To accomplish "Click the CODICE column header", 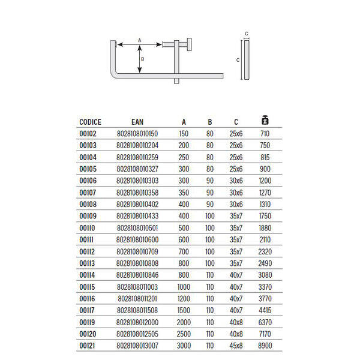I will pyautogui.click(x=89, y=122).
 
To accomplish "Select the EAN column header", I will pyautogui.click(x=137, y=122).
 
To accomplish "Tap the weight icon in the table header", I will pyautogui.click(x=265, y=120).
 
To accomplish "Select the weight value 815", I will pyautogui.click(x=265, y=157).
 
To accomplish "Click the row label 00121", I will pyautogui.click(x=88, y=346).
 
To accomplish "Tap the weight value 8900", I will pyautogui.click(x=265, y=346).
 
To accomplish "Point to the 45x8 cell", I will pyautogui.click(x=236, y=346).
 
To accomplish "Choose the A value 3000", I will pyautogui.click(x=184, y=346).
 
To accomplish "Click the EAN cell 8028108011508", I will pyautogui.click(x=137, y=310).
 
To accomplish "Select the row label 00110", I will pyautogui.click(x=88, y=227).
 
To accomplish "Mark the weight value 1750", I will pyautogui.click(x=265, y=216).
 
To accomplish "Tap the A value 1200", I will pyautogui.click(x=184, y=298).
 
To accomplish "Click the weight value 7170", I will pyautogui.click(x=265, y=334).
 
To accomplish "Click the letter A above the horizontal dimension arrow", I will pyautogui.click(x=140, y=40).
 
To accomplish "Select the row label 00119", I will pyautogui.click(x=88, y=322).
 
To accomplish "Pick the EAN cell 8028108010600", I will pyautogui.click(x=137, y=239).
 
